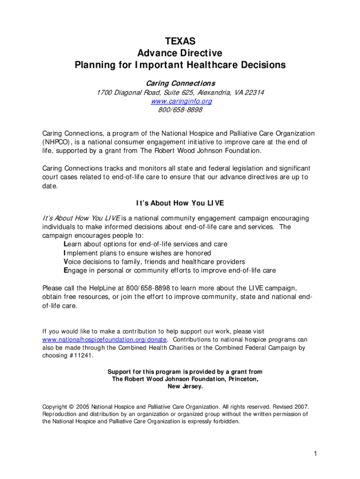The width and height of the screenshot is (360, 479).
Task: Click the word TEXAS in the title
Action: (x=180, y=42)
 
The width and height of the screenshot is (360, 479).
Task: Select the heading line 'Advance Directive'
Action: (x=180, y=53)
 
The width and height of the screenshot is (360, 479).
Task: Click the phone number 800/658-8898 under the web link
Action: (x=180, y=110)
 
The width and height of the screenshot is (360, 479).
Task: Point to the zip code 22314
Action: (x=253, y=93)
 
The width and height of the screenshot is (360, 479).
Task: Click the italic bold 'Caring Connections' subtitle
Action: (x=180, y=83)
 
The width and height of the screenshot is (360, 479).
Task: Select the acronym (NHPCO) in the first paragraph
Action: (x=57, y=142)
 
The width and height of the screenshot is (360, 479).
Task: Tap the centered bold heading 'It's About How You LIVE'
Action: (x=180, y=203)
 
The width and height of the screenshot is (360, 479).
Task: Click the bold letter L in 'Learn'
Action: (x=65, y=244)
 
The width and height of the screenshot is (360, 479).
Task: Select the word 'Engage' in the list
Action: (x=76, y=271)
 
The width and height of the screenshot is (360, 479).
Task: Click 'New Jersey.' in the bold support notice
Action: (x=185, y=387)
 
